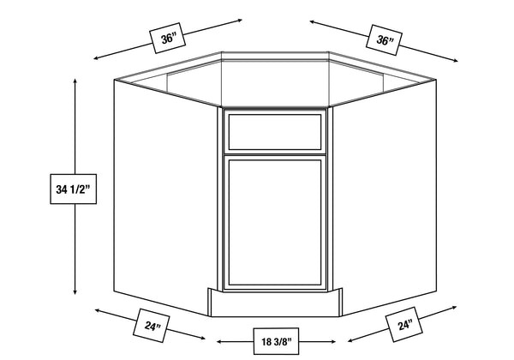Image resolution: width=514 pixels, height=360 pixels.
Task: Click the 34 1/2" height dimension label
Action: coord(73,189)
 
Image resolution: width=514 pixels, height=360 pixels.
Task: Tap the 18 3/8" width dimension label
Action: coord(276,341)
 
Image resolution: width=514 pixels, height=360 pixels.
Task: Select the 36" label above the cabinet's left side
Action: coord(167,38)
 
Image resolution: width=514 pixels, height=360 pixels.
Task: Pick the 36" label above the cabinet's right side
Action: coord(384,39)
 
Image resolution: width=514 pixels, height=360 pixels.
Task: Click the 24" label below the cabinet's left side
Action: coord(151,326)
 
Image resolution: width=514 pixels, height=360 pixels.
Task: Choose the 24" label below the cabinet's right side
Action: coord(404,325)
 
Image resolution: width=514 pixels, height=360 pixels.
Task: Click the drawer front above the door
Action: coord(275,132)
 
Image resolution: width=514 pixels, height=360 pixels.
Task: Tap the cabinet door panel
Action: coord(275,223)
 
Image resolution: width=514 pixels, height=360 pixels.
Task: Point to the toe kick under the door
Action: coord(275,303)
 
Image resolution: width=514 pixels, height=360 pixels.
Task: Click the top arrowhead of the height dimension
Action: coord(75,81)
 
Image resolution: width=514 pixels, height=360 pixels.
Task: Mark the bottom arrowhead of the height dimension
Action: coord(75,291)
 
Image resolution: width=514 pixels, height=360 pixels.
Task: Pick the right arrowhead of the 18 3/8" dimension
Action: coord(333,342)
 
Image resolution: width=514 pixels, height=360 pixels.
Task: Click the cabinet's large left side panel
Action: coord(165,197)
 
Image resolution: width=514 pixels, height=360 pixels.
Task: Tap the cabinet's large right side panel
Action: coord(384,197)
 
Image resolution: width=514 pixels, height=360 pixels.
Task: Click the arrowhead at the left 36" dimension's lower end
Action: coord(96,58)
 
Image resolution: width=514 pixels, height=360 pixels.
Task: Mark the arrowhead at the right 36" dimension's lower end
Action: coord(455,60)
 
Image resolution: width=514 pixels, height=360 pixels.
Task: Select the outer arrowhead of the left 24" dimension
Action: coord(98,310)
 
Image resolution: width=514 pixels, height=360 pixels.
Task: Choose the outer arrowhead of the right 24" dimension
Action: coord(454,307)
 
